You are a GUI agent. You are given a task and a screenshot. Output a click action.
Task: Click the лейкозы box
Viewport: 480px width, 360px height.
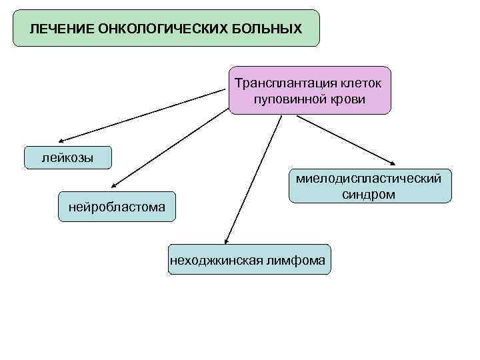[x=67, y=158]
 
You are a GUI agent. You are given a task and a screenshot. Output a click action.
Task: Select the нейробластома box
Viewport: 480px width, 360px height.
[x=117, y=207]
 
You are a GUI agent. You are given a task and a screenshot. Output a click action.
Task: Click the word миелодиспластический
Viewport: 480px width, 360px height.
[x=369, y=179]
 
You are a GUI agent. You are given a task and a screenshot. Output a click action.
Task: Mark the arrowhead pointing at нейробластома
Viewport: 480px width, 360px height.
[x=114, y=187]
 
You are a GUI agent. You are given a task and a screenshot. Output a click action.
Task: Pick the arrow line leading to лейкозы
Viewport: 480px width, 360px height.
[x=143, y=116]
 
